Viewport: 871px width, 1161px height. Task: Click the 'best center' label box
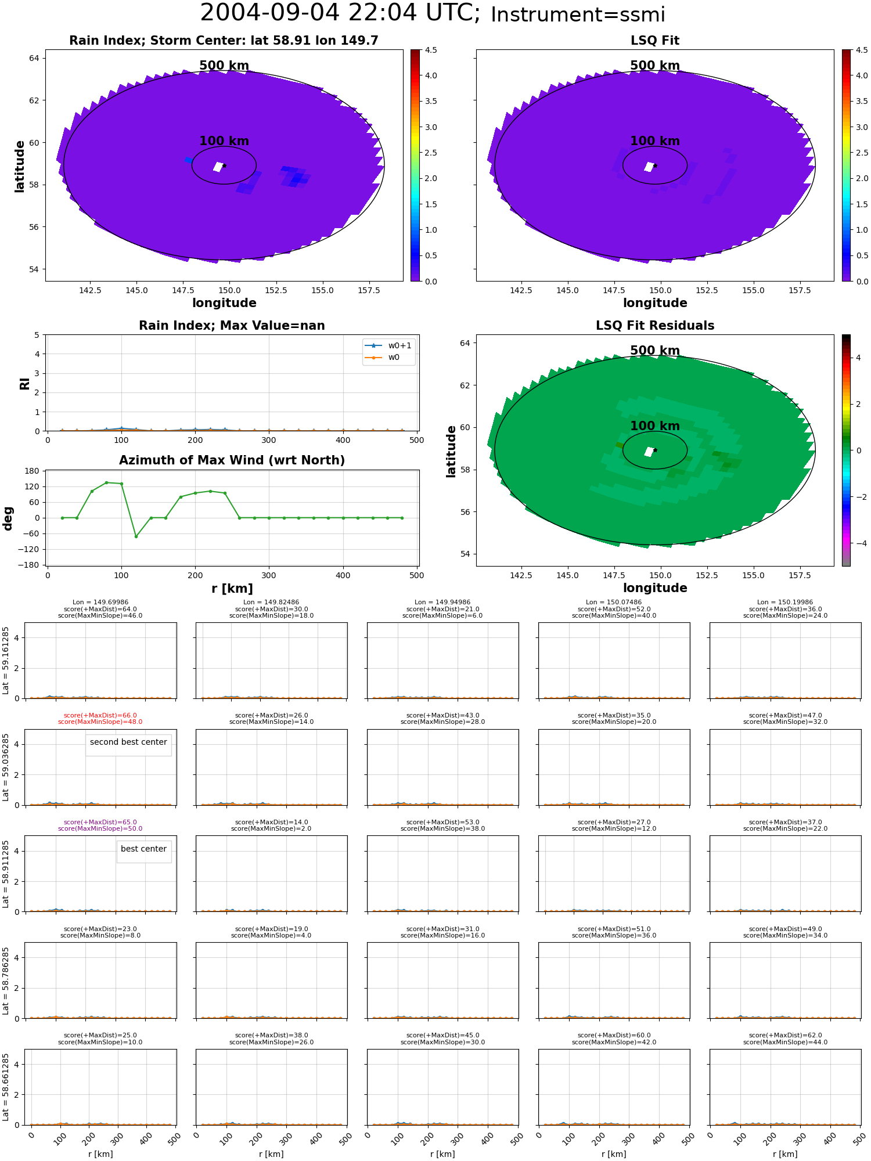click(x=144, y=852)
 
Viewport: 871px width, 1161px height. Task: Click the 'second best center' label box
click(x=128, y=745)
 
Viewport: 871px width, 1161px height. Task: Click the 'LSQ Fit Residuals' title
click(x=655, y=326)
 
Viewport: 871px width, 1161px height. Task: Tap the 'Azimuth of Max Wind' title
click(x=232, y=460)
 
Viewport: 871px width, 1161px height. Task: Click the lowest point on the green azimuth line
click(x=136, y=536)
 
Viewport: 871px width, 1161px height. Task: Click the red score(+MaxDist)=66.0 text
click(x=100, y=715)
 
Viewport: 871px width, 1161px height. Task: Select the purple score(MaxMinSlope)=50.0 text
click(x=100, y=829)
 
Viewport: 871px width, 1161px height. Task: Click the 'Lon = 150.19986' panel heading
click(x=785, y=603)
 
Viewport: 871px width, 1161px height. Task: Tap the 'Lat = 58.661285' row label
click(x=6, y=1087)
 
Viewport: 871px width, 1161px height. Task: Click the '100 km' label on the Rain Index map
click(x=224, y=141)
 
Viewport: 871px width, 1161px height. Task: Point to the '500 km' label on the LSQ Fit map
click(x=655, y=66)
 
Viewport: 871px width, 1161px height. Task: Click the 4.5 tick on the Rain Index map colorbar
click(x=431, y=50)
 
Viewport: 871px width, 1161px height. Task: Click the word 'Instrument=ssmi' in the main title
click(x=578, y=15)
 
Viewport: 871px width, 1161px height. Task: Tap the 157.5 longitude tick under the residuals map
click(x=800, y=575)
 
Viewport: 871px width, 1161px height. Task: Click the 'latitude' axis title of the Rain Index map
click(x=20, y=166)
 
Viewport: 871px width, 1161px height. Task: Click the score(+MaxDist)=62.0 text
click(x=785, y=1035)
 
